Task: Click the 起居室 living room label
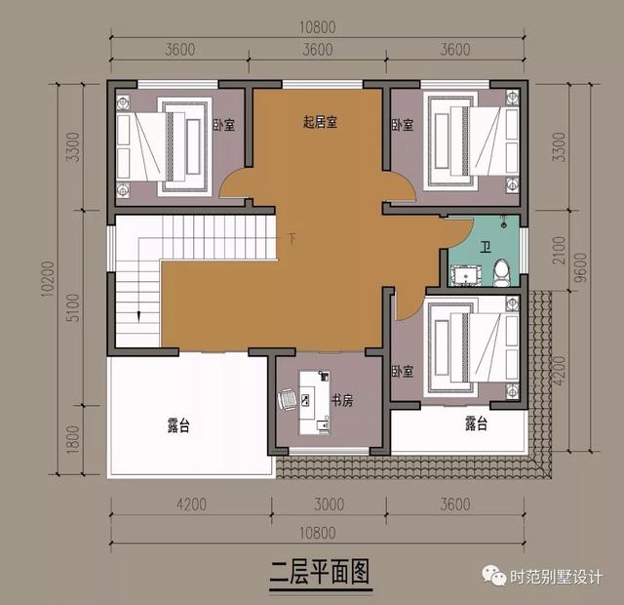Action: (320, 122)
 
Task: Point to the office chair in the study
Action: (289, 399)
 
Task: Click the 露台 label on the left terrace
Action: (178, 425)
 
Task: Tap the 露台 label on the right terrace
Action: (475, 423)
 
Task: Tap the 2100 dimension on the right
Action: (558, 254)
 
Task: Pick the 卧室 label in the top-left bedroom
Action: (223, 125)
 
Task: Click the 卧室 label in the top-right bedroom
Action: (403, 125)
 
